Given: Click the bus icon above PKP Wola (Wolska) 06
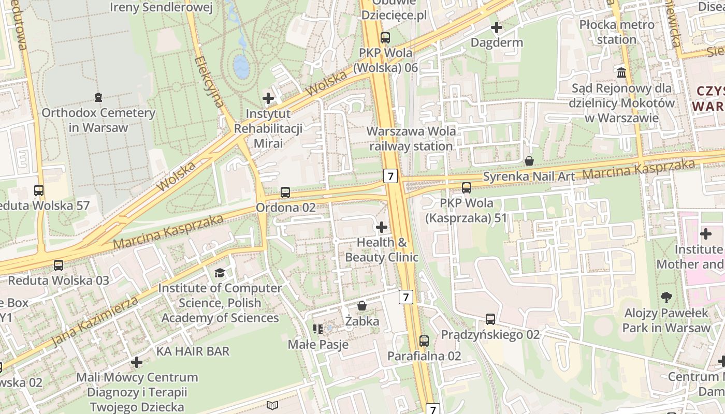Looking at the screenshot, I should [x=385, y=37].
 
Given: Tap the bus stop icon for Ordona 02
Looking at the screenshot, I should [x=285, y=193].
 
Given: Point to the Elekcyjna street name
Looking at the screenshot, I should [x=210, y=83].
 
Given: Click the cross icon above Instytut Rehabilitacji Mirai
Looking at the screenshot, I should [x=268, y=98].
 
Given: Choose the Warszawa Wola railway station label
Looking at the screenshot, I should [x=411, y=139].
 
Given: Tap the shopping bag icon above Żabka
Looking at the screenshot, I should [x=362, y=306].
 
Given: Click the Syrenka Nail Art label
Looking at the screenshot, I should [x=529, y=176].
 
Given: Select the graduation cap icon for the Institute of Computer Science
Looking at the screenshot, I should [x=220, y=273].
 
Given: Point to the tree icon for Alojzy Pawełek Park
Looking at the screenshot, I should [x=666, y=298].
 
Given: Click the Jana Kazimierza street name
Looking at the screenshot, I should [x=96, y=322].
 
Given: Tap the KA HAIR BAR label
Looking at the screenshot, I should [x=193, y=351].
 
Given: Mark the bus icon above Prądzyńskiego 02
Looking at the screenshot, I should [x=490, y=319].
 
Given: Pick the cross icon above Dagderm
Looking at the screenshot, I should [x=497, y=27].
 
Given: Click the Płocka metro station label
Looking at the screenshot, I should [x=616, y=32].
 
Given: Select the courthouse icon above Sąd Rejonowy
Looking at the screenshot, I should [x=621, y=72].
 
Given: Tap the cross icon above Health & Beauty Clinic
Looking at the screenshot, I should [x=382, y=227].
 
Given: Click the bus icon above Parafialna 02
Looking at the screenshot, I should [x=424, y=341].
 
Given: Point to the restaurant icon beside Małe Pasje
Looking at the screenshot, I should [x=318, y=329].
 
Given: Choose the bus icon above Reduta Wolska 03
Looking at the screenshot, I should [x=59, y=265].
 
